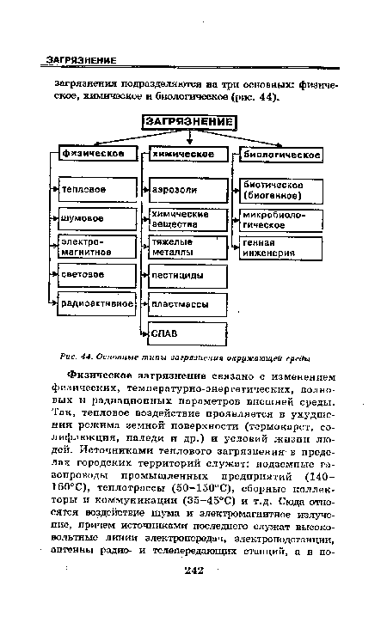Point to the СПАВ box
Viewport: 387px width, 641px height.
pyautogui.click(x=167, y=332)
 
